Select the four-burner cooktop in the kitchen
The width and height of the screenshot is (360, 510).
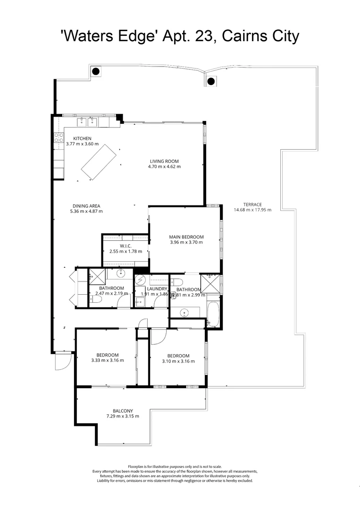[59, 137]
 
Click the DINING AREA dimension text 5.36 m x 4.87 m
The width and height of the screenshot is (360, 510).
[86, 211]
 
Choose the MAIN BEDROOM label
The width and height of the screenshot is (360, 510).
[186, 237]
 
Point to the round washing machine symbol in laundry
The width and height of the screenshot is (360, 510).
[140, 280]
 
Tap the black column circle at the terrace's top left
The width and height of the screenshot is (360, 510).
[96, 71]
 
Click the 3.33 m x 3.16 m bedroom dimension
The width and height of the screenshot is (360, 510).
[107, 360]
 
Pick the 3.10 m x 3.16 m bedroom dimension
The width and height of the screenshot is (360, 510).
[178, 361]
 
